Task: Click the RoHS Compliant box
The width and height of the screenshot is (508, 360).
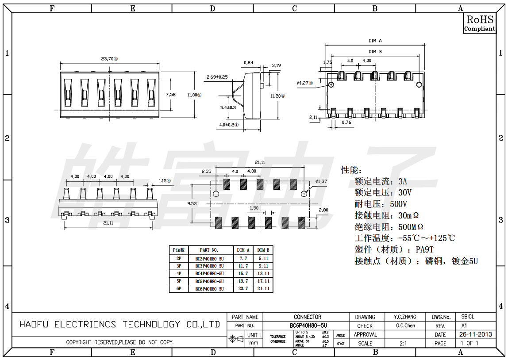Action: pyautogui.click(x=480, y=23)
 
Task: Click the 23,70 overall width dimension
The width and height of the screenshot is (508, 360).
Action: pyautogui.click(x=109, y=58)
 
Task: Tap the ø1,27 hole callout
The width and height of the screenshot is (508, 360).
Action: pyautogui.click(x=304, y=83)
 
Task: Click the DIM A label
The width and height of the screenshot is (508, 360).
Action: pyautogui.click(x=375, y=41)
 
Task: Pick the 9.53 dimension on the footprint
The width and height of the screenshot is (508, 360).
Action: pyautogui.click(x=192, y=203)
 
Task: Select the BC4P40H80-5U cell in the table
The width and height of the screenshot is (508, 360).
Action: pyautogui.click(x=210, y=273)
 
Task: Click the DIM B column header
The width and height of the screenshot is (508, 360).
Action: pyautogui.click(x=263, y=250)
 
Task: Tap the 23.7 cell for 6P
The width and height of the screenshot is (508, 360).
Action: pyautogui.click(x=243, y=289)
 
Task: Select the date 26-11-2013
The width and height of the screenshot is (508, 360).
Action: pyautogui.click(x=476, y=335)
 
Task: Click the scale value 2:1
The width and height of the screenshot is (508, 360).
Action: pyautogui.click(x=403, y=344)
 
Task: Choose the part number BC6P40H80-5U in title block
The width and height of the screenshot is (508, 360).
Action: pyautogui.click(x=308, y=326)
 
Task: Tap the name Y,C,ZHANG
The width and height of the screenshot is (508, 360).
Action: pyautogui.click(x=405, y=317)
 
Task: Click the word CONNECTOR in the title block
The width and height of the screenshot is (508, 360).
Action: pyautogui.click(x=308, y=317)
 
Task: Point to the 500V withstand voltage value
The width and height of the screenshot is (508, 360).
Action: pyautogui.click(x=398, y=204)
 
